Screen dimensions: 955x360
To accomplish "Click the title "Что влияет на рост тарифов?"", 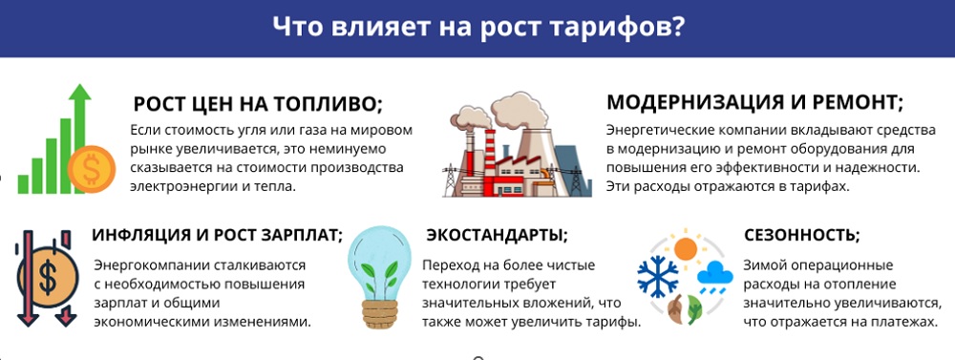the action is [477, 28].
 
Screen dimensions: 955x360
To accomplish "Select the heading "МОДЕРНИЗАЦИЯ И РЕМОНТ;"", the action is [754, 102].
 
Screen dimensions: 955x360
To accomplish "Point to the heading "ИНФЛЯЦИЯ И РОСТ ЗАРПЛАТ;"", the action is [218, 235].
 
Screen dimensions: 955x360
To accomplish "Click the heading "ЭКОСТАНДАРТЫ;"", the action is [497, 235].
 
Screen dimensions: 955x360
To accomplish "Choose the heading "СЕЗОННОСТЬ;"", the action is [802, 235].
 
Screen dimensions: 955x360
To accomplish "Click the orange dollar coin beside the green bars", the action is [92, 169].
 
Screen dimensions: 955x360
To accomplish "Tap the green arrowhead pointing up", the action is [79, 94].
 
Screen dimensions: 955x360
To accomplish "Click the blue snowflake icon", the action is [658, 276].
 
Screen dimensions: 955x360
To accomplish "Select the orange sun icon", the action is [686, 248].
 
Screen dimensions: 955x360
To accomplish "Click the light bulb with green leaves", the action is [379, 277].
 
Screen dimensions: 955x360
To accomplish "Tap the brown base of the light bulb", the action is [379, 313].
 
